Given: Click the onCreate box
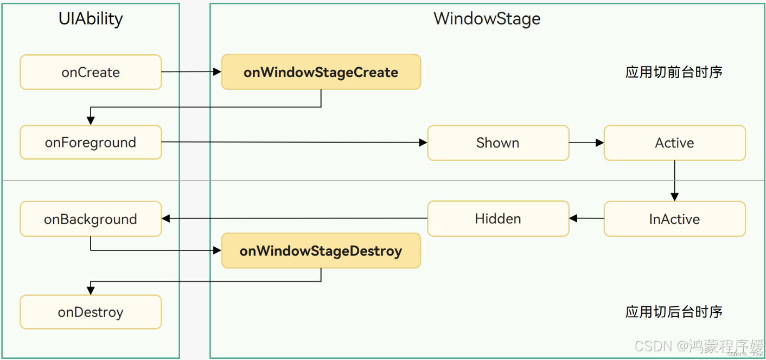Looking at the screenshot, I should point(91,72).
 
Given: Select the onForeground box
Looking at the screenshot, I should point(91,143).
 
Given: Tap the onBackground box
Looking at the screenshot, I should point(91,219).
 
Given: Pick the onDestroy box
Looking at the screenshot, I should point(91,312).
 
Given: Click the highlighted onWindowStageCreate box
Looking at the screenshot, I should point(321,72).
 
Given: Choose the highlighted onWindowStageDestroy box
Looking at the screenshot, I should point(321,251).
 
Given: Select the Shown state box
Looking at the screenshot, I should point(498,143).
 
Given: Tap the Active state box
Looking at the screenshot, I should point(674,143).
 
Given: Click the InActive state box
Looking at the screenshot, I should point(674,219).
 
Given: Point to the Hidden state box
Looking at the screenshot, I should point(498,218).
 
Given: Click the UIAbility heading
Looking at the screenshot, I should point(91,19).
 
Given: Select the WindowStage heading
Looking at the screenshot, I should point(487,19).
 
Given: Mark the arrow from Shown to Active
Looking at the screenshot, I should point(586,143).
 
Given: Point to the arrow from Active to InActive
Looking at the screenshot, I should point(674,181).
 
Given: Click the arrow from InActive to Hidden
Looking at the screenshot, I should point(586,218).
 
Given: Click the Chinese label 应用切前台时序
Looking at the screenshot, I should point(674,72).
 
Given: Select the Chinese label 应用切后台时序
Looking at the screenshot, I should point(674,312).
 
